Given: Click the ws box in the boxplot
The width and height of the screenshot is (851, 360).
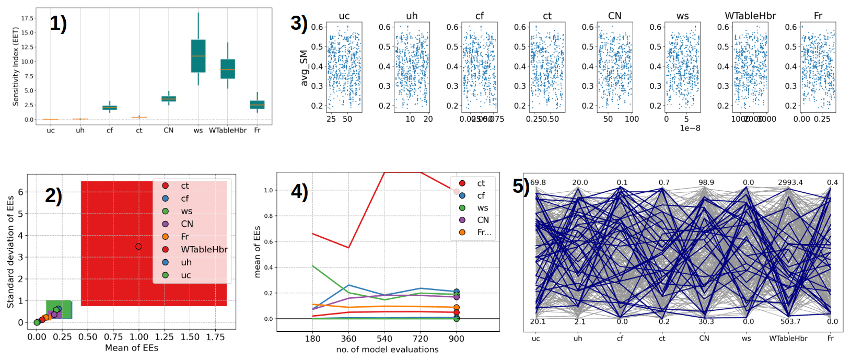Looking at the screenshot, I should pyautogui.click(x=198, y=56).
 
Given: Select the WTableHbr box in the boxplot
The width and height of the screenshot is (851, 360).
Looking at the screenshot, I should pyautogui.click(x=228, y=69).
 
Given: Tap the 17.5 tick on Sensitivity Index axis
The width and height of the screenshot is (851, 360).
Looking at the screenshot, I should pyautogui.click(x=27, y=18).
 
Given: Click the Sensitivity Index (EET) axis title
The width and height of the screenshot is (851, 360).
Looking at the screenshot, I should pyautogui.click(x=16, y=66).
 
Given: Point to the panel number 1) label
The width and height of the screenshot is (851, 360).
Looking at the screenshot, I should pyautogui.click(x=58, y=24).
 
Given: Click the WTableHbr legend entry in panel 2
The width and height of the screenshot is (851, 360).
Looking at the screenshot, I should pyautogui.click(x=204, y=250).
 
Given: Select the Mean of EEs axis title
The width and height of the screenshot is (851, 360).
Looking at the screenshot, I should pyautogui.click(x=132, y=348).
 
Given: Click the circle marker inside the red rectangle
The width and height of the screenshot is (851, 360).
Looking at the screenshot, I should pyautogui.click(x=138, y=247).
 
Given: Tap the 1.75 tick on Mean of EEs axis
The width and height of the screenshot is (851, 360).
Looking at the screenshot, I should pyautogui.click(x=215, y=338).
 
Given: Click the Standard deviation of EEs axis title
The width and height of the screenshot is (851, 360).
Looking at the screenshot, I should pyautogui.click(x=10, y=252).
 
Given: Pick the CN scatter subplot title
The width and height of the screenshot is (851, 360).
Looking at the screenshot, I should pyautogui.click(x=615, y=16).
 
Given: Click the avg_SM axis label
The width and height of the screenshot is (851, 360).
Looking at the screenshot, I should pyautogui.click(x=304, y=68).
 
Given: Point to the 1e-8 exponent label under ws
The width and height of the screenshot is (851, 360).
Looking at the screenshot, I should pyautogui.click(x=690, y=128).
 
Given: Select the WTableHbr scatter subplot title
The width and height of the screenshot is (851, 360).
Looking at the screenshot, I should pyautogui.click(x=750, y=16).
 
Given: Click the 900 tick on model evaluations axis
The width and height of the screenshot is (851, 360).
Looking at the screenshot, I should pyautogui.click(x=457, y=339).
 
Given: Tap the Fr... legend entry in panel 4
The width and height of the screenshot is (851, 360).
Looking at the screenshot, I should pyautogui.click(x=484, y=233).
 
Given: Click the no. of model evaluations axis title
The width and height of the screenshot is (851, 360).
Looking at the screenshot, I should pyautogui.click(x=387, y=350).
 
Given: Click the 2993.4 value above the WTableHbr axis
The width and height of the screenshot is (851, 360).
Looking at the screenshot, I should pyautogui.click(x=790, y=182).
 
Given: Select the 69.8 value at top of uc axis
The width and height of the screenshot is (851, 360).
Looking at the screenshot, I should pyautogui.click(x=538, y=182).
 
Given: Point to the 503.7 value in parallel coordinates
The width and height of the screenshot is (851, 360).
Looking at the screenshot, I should pyautogui.click(x=790, y=322).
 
